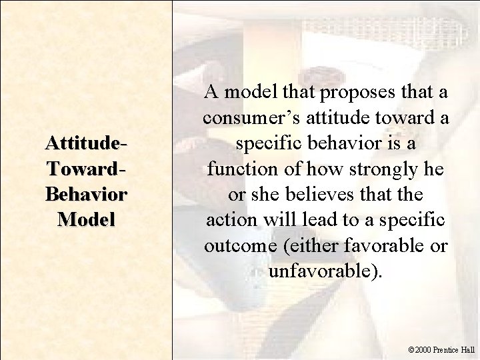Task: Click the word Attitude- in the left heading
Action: pos(86,143)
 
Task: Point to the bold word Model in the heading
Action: pos(86,219)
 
